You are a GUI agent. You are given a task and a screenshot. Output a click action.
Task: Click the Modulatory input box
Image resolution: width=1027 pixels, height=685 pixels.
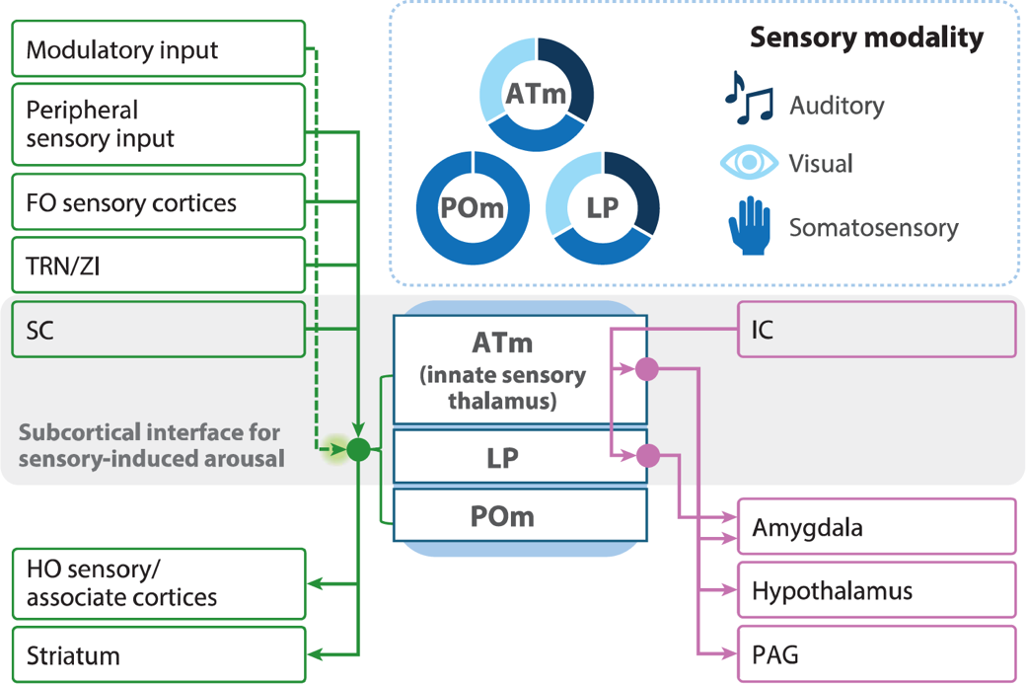coord(158,48)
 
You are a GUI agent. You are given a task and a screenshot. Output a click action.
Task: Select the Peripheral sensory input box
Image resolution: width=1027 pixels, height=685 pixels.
coord(158,124)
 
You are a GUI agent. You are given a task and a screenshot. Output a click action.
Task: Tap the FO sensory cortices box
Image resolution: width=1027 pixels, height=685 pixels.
coord(158,203)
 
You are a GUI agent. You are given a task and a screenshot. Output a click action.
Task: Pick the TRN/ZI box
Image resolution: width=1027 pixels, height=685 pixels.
coord(158,266)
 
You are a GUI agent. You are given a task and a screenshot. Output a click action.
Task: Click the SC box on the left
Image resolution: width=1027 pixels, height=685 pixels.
coord(158,329)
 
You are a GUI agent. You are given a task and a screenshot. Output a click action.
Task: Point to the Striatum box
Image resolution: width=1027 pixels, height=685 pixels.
coord(158,655)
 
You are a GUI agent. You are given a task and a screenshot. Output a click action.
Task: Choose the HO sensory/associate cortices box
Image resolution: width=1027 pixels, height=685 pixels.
coord(158,584)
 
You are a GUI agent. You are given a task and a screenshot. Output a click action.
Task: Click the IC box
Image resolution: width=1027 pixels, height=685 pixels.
coord(876,330)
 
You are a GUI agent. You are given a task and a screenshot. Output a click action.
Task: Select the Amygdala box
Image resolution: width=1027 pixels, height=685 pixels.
coord(876,526)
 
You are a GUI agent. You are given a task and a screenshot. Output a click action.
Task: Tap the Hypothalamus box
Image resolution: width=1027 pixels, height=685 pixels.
coord(876,590)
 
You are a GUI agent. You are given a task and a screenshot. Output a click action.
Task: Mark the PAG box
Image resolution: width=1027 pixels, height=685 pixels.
coord(876,653)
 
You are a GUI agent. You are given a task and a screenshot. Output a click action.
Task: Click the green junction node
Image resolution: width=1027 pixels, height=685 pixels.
coord(358,450)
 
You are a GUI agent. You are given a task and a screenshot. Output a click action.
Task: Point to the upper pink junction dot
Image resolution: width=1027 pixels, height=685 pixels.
coord(646,369)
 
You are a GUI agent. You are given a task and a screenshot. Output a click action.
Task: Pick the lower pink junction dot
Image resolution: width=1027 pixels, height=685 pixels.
coord(647,455)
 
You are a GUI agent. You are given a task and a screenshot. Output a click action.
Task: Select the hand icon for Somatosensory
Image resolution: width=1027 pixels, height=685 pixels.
coord(749,226)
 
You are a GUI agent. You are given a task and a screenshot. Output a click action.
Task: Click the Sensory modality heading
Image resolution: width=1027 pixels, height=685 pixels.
coord(866,38)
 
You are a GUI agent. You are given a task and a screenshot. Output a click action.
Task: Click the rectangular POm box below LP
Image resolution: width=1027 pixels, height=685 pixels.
coord(520,515)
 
